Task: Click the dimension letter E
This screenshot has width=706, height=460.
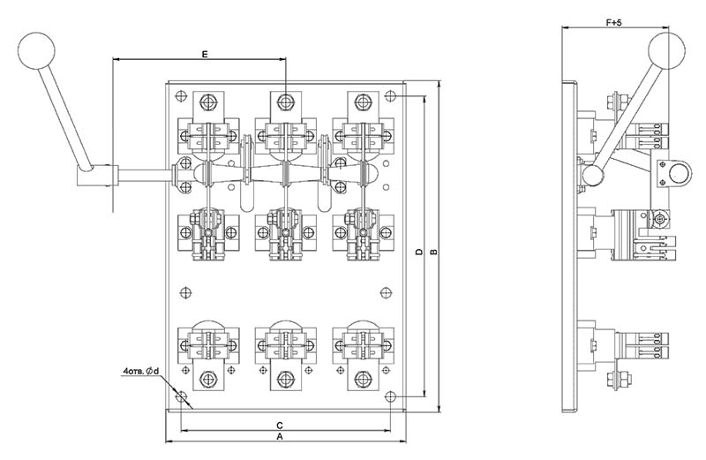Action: pos(205,55)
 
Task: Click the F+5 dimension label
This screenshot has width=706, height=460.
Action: pos(613,23)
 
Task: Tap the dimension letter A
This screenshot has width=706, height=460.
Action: pos(280,436)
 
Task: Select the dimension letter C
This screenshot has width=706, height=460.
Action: pos(280,426)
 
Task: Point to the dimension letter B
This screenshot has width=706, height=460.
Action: pos(434,252)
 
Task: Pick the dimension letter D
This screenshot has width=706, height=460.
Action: pos(419,252)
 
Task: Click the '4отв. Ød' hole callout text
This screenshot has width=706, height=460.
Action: pos(141,371)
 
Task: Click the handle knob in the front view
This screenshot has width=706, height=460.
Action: pos(36,50)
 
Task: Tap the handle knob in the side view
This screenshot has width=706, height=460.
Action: pos(667,51)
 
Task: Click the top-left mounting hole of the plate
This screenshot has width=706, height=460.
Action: pos(181,96)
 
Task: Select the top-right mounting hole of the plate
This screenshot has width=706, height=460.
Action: pos(390,96)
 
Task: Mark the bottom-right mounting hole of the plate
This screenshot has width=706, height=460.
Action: pos(390,397)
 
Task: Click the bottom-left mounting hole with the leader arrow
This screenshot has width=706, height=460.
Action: pos(181,397)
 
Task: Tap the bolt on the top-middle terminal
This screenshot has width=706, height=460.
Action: pos(284,102)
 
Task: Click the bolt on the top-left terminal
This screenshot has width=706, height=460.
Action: pos(207,102)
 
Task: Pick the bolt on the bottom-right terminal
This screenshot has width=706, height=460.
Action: pos(363,379)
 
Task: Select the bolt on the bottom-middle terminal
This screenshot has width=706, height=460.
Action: pos(284,379)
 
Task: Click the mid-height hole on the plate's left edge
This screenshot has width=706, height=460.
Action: pos(185,292)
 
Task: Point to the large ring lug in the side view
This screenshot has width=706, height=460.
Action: pos(674,173)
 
